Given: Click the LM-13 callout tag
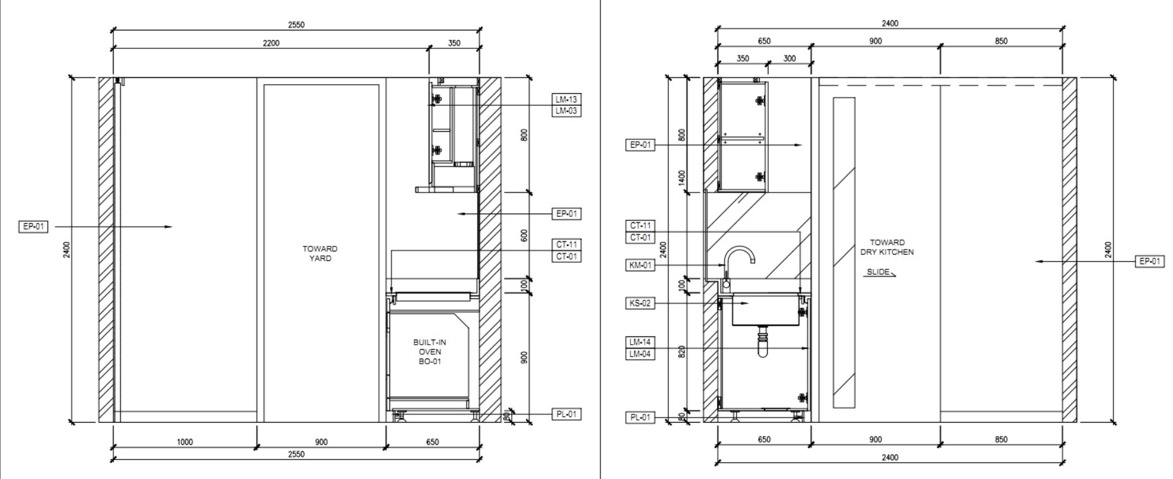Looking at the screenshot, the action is click(566, 99).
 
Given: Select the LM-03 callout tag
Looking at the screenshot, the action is click(566, 111).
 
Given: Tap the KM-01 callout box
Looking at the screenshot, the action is click(640, 265).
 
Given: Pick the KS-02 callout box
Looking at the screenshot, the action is click(640, 303).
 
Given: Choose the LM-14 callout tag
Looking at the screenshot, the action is click(640, 342).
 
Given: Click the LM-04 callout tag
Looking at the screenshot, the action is click(640, 354).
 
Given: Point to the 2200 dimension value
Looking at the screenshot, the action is click(271, 43).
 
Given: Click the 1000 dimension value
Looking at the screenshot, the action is click(184, 442).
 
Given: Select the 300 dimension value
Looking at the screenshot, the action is click(789, 58).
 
